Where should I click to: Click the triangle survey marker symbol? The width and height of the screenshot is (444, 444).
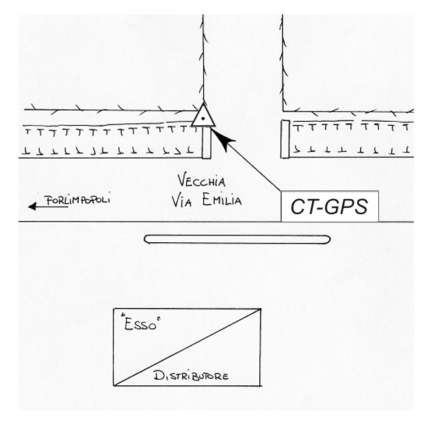click(203, 116)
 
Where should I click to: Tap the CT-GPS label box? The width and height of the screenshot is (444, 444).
click(330, 207)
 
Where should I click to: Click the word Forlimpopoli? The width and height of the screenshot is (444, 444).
click(77, 200)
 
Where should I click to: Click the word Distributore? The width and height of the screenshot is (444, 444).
click(191, 376)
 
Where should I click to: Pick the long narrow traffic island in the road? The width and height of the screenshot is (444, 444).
click(237, 239)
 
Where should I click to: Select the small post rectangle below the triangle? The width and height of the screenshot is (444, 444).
click(207, 143)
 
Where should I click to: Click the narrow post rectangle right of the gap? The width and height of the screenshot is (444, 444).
click(285, 139)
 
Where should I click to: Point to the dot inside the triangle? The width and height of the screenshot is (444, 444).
click(203, 118)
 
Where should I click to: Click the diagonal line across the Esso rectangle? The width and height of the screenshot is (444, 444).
click(187, 348)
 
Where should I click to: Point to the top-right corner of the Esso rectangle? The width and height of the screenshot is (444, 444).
click(261, 309)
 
